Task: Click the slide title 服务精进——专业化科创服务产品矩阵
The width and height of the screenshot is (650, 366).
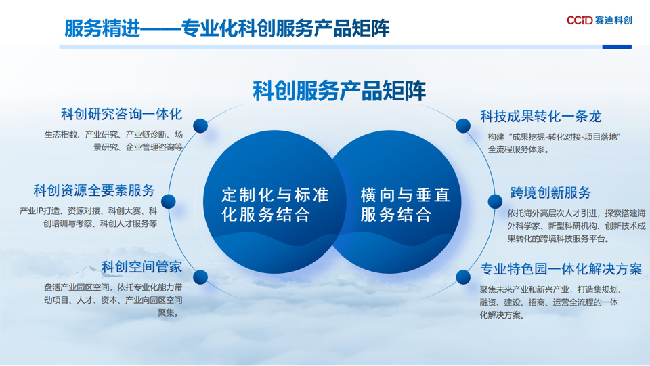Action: pos(227,28)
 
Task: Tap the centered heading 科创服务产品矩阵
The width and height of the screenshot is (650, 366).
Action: pos(339,91)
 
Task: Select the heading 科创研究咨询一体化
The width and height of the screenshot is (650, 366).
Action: pos(121,114)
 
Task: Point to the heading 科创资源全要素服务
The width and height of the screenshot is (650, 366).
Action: pos(94,190)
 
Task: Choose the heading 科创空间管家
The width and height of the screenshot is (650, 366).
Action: pos(142,267)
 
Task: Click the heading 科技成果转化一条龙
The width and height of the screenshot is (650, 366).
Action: pos(540,117)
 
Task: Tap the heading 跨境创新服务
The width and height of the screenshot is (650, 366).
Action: pos(550,192)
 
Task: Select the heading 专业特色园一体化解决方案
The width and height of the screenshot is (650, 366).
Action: pos(561,269)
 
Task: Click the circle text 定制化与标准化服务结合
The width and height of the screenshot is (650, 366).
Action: pos(275,205)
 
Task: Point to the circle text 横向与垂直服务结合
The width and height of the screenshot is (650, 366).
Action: pos(405,205)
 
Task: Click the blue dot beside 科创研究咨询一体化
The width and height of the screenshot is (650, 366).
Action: pos(200,125)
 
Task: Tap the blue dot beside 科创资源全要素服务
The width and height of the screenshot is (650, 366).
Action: pos(169,201)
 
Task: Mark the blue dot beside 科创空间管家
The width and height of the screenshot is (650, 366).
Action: pos(200,277)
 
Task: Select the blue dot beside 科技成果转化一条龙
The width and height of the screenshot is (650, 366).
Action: pos(463,125)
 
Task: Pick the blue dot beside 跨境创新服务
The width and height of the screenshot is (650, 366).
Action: pos(495,201)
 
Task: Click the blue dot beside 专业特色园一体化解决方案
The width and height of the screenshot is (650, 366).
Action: pos(463,277)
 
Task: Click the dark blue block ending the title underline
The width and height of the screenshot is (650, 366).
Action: pos(617,47)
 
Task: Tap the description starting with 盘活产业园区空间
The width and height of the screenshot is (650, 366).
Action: pos(113,300)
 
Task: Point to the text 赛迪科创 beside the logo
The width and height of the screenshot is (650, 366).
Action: pos(613,20)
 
